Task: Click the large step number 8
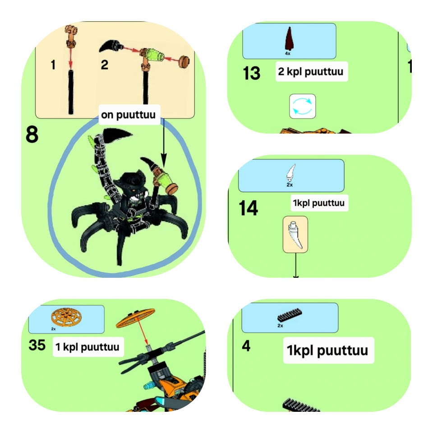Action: (32, 134)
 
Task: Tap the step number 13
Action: (252, 73)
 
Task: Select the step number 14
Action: (248, 208)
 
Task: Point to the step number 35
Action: (37, 345)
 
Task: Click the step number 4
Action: (246, 346)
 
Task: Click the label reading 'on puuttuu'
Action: (129, 115)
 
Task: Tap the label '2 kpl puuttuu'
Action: (311, 72)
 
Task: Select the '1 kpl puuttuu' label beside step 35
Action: (88, 347)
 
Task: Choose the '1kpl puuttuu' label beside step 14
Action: (319, 203)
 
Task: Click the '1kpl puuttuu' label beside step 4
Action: (327, 350)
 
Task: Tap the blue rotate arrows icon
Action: (302, 106)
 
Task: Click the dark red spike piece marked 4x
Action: (289, 39)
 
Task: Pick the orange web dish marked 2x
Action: (67, 317)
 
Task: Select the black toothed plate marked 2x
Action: (290, 315)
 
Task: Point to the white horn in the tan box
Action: (295, 235)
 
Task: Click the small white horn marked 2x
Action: (291, 173)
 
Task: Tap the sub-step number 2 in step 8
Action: (104, 65)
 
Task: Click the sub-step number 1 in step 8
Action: (53, 65)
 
